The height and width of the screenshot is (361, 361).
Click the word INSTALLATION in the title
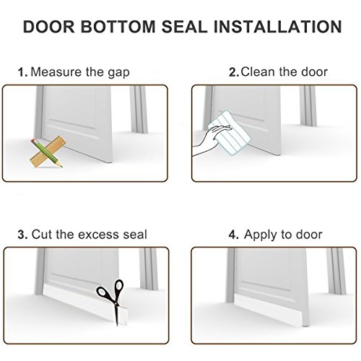click(x=278, y=27)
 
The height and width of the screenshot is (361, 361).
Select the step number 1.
click(x=22, y=72)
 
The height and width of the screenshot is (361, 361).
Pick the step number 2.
click(x=234, y=72)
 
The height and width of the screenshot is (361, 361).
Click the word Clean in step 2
click(x=258, y=71)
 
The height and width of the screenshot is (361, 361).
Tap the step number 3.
click(x=22, y=235)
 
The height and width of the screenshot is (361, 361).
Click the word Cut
click(x=41, y=235)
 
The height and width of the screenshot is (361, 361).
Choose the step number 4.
click(x=234, y=235)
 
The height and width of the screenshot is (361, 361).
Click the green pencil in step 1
click(x=46, y=152)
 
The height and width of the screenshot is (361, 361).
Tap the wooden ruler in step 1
click(x=48, y=152)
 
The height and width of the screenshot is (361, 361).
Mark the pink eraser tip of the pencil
click(x=33, y=142)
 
